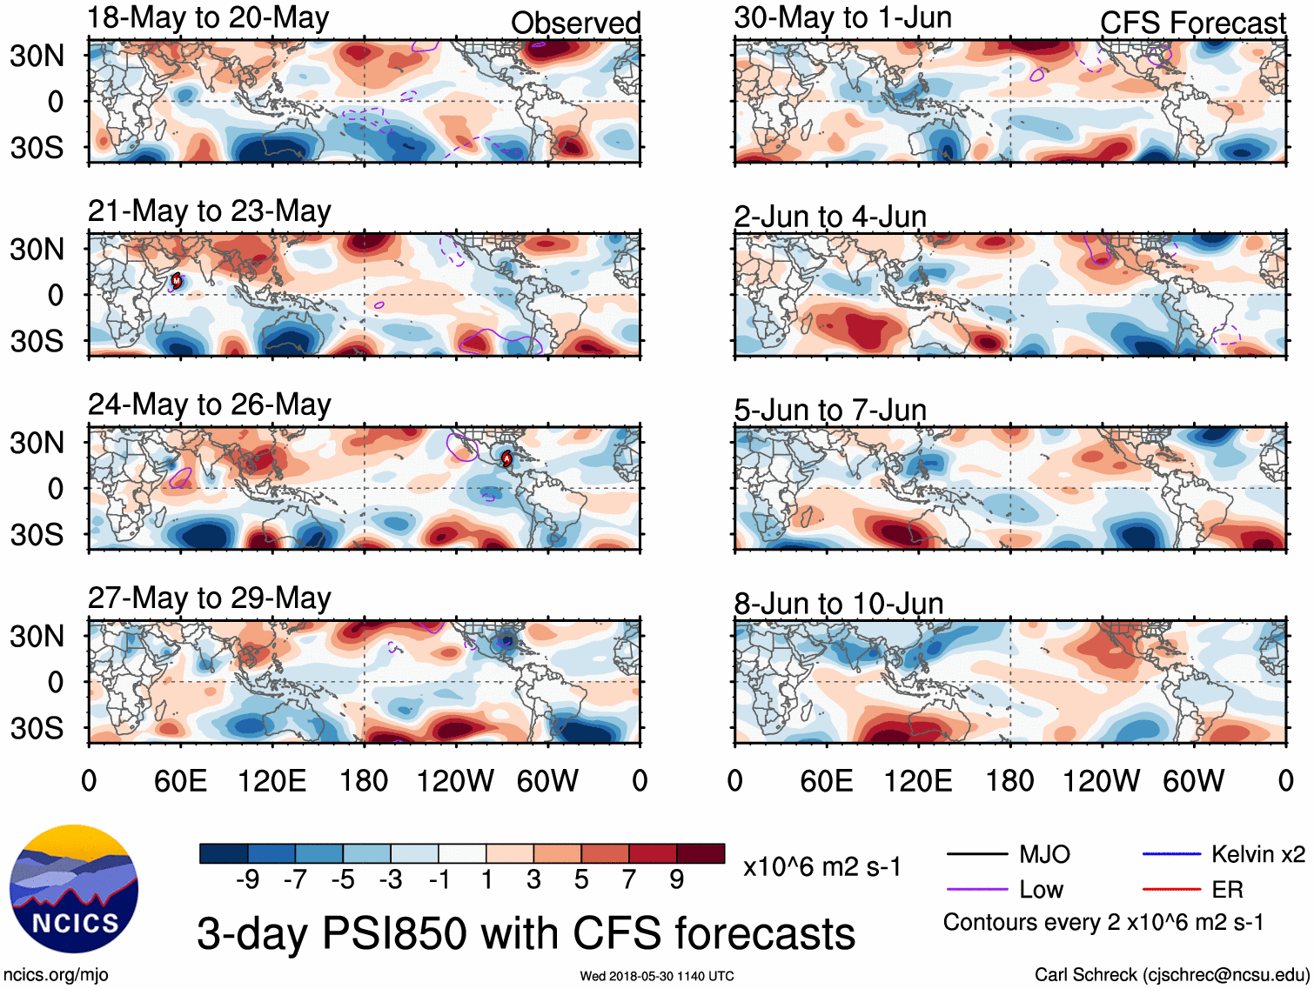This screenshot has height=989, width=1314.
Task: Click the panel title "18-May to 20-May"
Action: pyautogui.click(x=208, y=18)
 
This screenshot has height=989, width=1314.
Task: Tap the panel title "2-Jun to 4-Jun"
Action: pyautogui.click(x=829, y=216)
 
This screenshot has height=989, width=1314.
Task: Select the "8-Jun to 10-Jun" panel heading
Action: pyautogui.click(x=838, y=603)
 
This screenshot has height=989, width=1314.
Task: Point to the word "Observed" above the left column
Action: pyautogui.click(x=575, y=23)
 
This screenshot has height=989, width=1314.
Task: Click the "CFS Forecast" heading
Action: pyautogui.click(x=1192, y=23)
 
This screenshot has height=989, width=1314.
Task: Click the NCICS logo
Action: pyautogui.click(x=73, y=888)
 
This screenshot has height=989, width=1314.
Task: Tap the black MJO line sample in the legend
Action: pyautogui.click(x=976, y=854)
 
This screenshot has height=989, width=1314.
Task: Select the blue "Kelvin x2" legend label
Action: pyautogui.click(x=1257, y=854)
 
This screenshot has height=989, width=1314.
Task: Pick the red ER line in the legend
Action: pyautogui.click(x=1171, y=889)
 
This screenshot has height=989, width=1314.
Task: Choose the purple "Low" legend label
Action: pyautogui.click(x=1041, y=889)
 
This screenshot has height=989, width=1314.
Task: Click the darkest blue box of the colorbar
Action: pyautogui.click(x=224, y=853)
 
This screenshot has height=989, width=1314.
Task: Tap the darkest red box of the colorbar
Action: pyautogui.click(x=701, y=853)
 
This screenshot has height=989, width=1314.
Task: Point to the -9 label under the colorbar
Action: pyautogui.click(x=247, y=879)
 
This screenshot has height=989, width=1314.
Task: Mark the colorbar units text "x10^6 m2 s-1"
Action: pyautogui.click(x=821, y=866)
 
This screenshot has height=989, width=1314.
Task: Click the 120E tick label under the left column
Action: pyautogui.click(x=272, y=780)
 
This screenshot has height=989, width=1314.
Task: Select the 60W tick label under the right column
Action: pyautogui.click(x=1193, y=780)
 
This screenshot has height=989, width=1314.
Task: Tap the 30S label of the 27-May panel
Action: pyautogui.click(x=37, y=727)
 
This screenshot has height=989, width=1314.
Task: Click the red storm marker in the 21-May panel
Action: pyautogui.click(x=177, y=280)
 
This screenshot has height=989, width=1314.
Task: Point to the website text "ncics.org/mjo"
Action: pyautogui.click(x=56, y=974)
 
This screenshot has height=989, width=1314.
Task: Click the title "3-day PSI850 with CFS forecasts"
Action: pyautogui.click(x=526, y=933)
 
